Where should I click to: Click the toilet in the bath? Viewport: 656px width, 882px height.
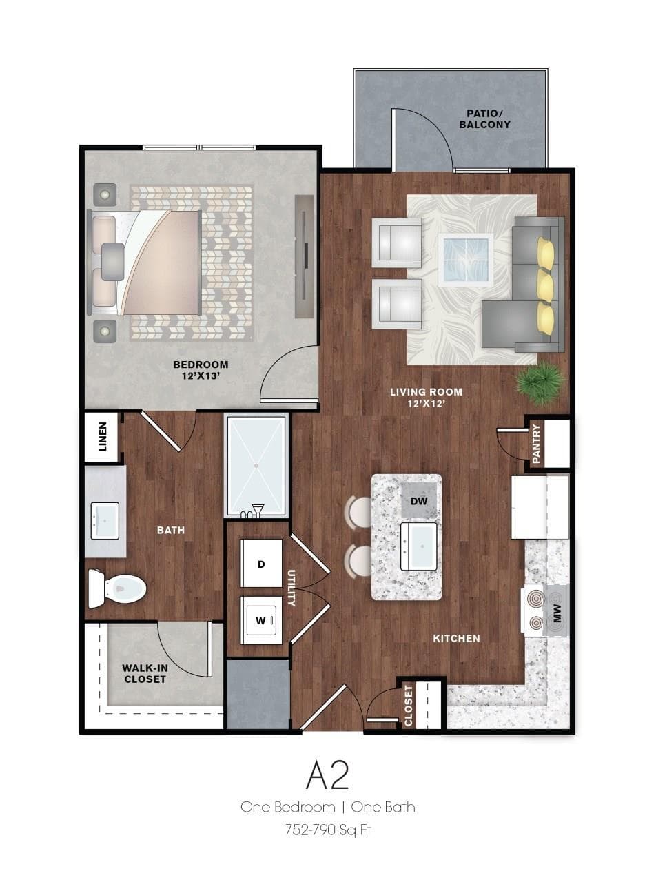[117, 588]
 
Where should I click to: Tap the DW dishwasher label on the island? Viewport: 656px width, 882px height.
[419, 501]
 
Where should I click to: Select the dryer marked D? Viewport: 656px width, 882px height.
[261, 564]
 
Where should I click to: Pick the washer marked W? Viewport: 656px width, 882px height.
[261, 620]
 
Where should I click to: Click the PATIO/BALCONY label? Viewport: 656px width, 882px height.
[484, 119]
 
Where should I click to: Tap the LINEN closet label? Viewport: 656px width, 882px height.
[103, 437]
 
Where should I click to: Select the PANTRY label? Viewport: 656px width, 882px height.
[536, 444]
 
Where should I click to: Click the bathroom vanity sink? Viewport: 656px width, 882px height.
[105, 521]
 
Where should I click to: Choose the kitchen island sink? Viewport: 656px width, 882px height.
[418, 546]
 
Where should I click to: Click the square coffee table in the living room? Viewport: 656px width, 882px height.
[466, 259]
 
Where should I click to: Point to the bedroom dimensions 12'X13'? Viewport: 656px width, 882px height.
[201, 376]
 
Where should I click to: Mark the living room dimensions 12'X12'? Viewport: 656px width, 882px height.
[426, 403]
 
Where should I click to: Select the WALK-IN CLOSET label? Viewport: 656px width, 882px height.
[145, 674]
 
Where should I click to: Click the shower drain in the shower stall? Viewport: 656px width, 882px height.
[256, 466]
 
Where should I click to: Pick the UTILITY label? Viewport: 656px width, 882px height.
[291, 588]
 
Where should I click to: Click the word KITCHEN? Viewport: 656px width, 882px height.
[456, 638]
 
